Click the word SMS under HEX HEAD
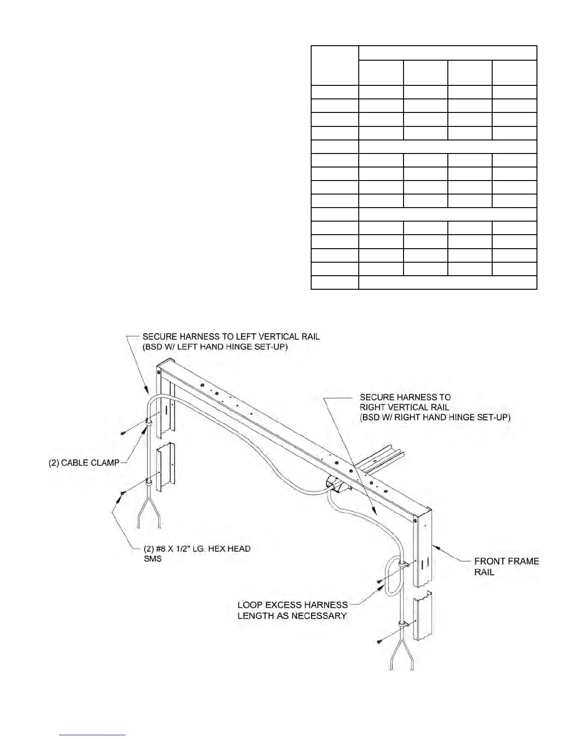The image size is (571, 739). point(153,559)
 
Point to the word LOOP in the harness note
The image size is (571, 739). point(250,605)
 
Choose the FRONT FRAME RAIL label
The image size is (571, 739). point(506,566)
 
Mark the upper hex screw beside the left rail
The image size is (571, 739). point(122,433)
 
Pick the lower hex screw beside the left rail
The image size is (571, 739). point(122,493)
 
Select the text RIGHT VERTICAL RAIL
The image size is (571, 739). point(404,407)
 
